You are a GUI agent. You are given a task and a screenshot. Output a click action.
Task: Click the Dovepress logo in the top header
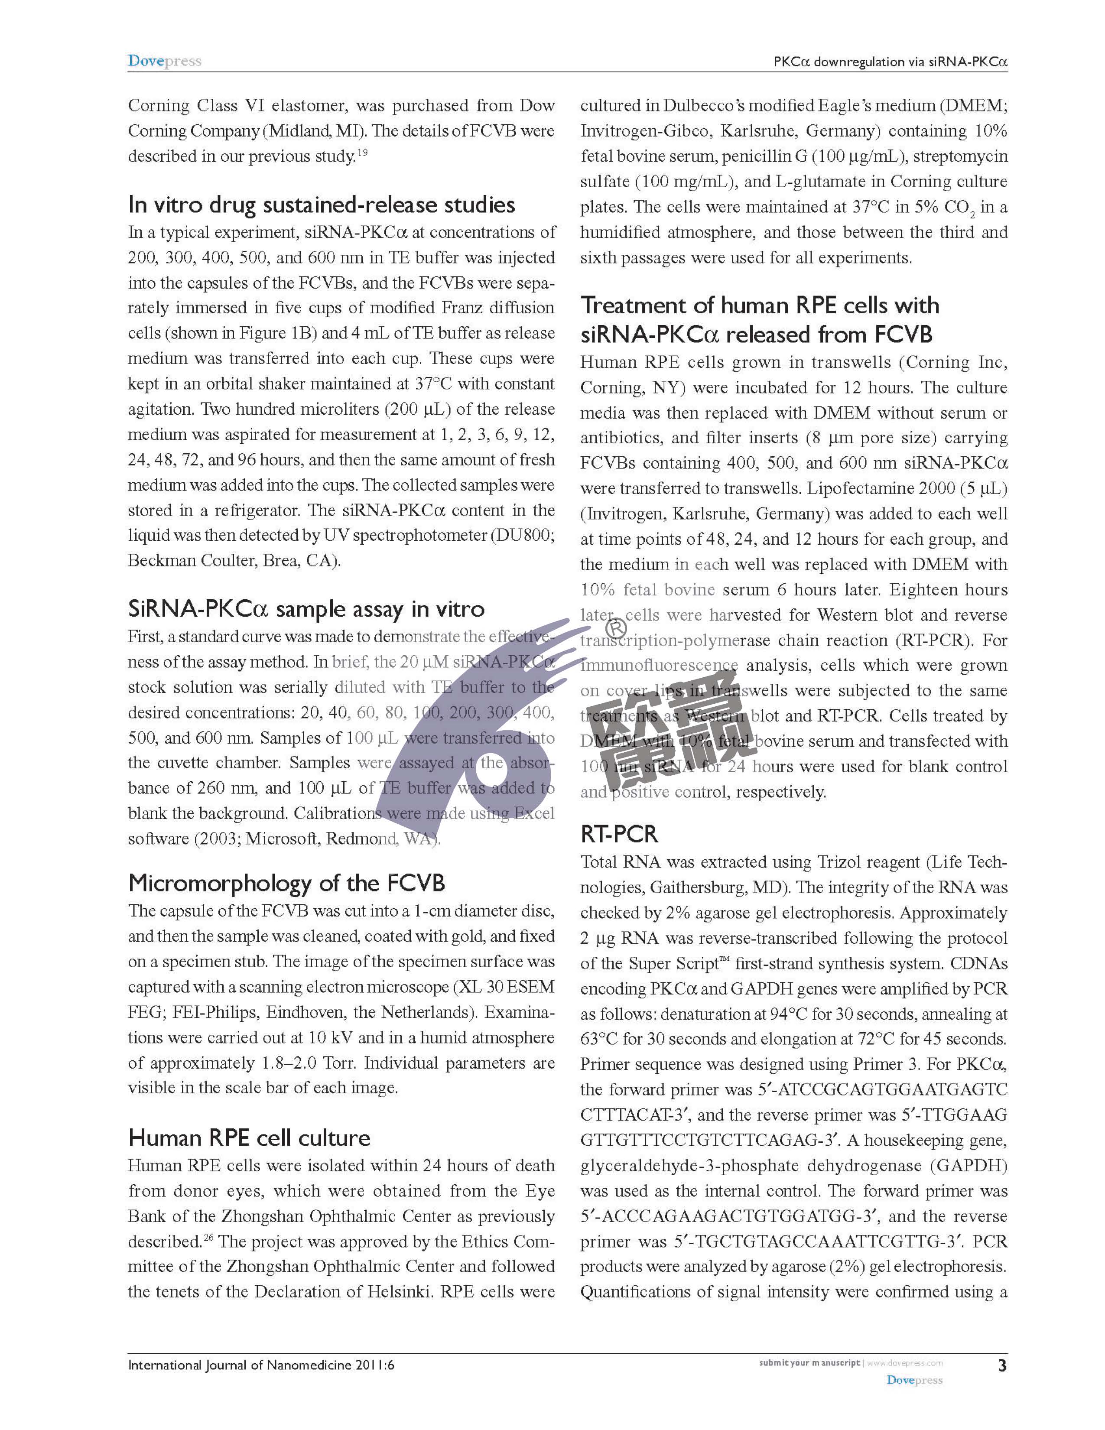point(164,61)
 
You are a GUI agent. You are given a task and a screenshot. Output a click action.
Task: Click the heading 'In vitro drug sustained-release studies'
point(322,205)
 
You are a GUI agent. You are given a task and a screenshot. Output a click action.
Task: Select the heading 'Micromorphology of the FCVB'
point(286,883)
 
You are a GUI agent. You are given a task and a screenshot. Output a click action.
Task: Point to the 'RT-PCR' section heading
point(619,834)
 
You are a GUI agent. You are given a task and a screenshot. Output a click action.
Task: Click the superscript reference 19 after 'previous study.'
point(362,153)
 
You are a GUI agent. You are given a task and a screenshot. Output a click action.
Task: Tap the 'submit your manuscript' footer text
point(809,1362)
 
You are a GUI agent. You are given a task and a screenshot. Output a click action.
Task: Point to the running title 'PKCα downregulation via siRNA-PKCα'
point(890,62)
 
